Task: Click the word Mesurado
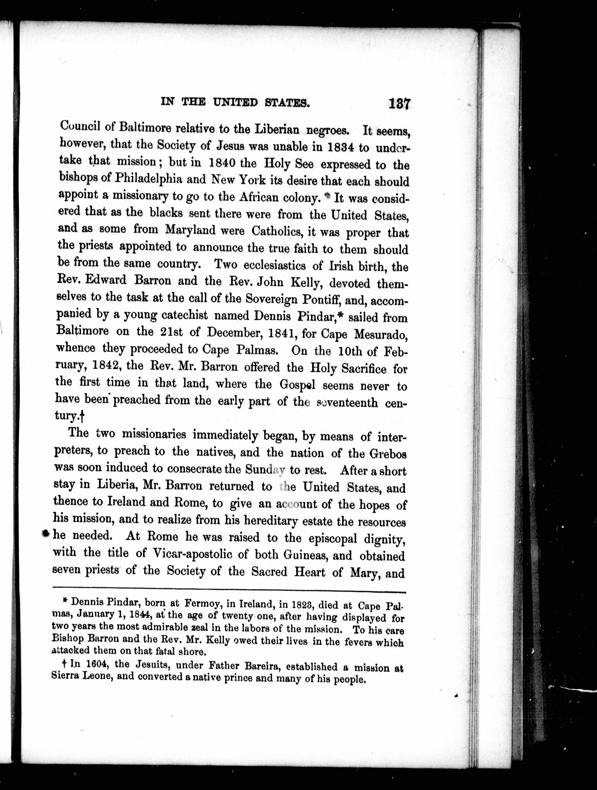pyautogui.click(x=380, y=335)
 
